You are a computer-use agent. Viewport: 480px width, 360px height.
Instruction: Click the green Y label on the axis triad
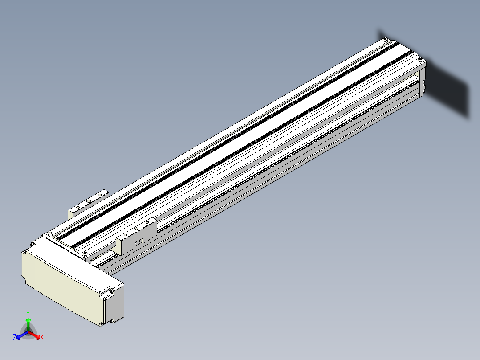point(28,313)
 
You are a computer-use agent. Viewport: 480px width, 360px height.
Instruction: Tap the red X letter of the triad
point(42,337)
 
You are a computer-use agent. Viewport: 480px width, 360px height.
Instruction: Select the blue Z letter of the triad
point(15,337)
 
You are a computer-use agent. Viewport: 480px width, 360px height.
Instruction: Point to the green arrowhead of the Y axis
point(28,320)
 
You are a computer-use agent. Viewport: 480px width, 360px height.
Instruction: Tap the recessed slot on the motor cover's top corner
point(107,293)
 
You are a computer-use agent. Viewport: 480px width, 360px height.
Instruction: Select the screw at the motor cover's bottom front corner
point(101,323)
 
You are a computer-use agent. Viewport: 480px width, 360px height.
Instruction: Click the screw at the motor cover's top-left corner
point(24,253)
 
